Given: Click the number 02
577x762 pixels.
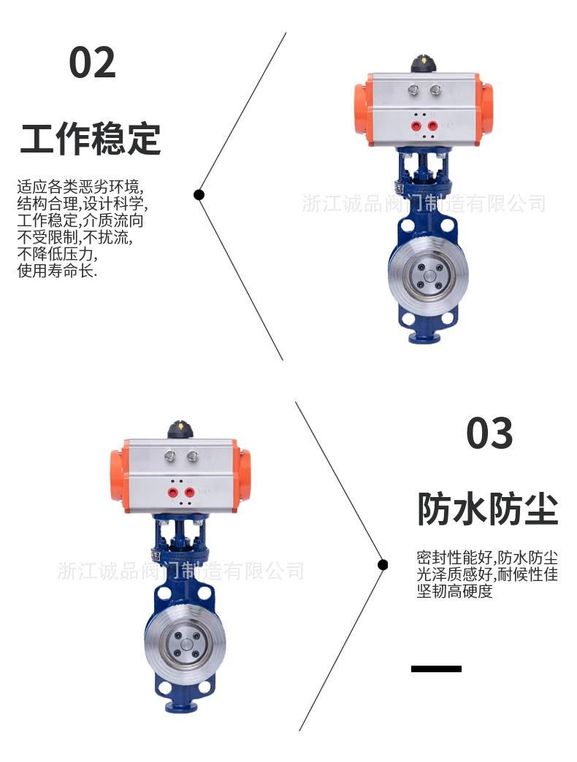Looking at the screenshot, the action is tap(92, 63).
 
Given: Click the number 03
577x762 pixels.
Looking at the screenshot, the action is tap(489, 434).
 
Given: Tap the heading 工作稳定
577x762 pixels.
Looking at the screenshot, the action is tap(90, 139).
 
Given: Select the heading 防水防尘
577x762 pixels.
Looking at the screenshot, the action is tap(487, 509).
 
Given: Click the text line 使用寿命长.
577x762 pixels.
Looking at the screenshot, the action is tap(58, 271).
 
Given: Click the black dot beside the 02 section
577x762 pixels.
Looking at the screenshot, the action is tap(199, 195).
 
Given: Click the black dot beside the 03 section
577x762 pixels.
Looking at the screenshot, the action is tap(383, 564).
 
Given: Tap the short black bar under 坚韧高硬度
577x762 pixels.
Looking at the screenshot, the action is tap(436, 669).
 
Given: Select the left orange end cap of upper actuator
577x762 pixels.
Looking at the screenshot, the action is tap(360, 109).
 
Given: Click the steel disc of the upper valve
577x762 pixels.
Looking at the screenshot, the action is tap(427, 277).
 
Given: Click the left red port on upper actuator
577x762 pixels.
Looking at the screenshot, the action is tap(416, 126).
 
